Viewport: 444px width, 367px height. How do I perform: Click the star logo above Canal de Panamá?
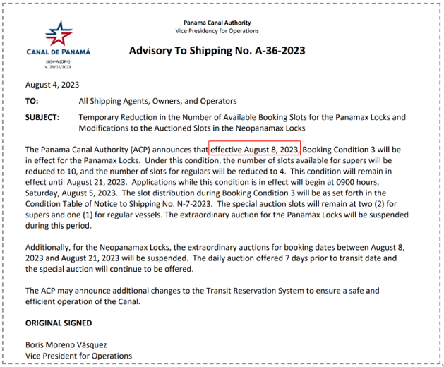coord(59,34)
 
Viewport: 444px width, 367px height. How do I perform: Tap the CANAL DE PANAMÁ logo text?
coord(59,52)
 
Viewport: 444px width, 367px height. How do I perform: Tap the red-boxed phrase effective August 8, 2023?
coord(256,150)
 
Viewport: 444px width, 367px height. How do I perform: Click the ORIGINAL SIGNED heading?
coord(58,323)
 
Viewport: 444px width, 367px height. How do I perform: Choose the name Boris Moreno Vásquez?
coord(66,345)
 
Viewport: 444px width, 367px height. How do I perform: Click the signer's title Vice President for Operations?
coord(78,356)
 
